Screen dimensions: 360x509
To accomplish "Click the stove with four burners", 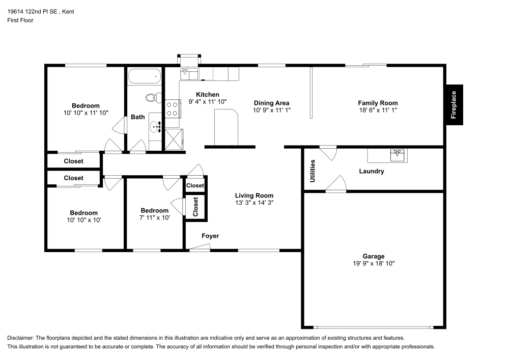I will point(172,108).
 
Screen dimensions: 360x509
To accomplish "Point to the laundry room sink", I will point(398,154).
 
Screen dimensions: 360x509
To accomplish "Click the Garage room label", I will point(374,256).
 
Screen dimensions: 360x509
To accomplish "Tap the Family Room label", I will point(378,103).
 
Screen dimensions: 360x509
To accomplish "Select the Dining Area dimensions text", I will point(271,110).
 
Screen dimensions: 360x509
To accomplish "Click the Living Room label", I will point(254,196).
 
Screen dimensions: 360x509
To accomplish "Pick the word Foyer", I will point(210,236).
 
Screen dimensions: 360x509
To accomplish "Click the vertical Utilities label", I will point(313,171).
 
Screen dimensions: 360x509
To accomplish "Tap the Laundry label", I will point(371,172).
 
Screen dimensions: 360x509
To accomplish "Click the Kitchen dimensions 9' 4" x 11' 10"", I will point(208,102).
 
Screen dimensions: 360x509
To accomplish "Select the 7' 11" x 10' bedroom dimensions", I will point(155,217).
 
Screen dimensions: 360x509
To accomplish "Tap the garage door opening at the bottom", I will point(373,327).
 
